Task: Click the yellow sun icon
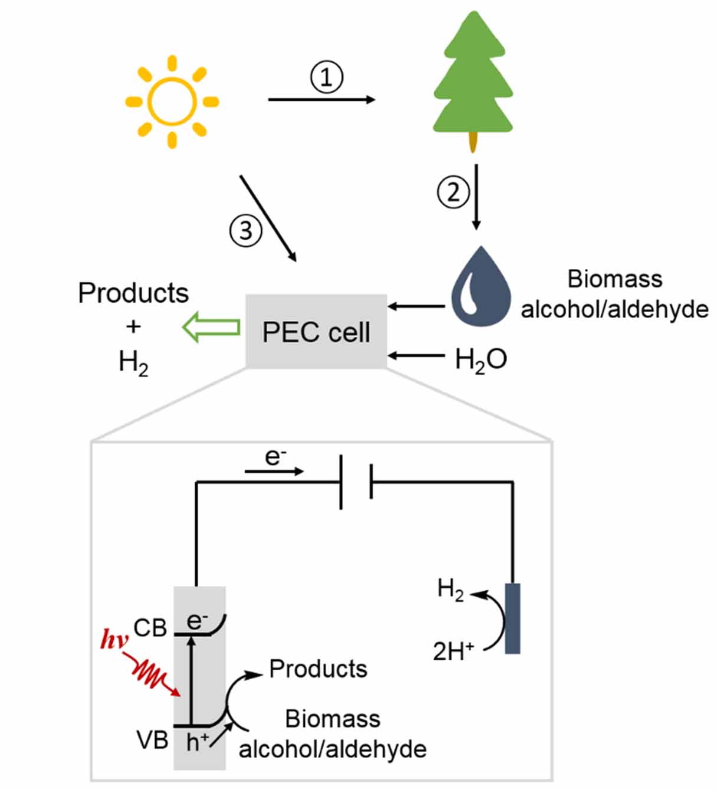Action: pyautogui.click(x=172, y=101)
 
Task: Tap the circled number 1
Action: pyautogui.click(x=327, y=77)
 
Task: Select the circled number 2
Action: pyautogui.click(x=453, y=192)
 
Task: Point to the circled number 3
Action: pyautogui.click(x=245, y=230)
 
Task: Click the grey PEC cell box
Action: pyautogui.click(x=316, y=332)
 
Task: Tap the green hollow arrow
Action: pyautogui.click(x=211, y=327)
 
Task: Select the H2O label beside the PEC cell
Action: pyautogui.click(x=481, y=359)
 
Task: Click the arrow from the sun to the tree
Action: pyautogui.click(x=321, y=100)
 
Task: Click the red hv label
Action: pyautogui.click(x=114, y=640)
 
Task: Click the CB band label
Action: pyautogui.click(x=150, y=628)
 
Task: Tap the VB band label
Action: pyautogui.click(x=152, y=739)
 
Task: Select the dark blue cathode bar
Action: pyautogui.click(x=512, y=618)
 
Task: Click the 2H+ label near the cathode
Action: pyautogui.click(x=453, y=651)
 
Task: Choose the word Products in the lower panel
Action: pyautogui.click(x=318, y=668)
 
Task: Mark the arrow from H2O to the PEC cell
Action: pyautogui.click(x=417, y=356)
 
